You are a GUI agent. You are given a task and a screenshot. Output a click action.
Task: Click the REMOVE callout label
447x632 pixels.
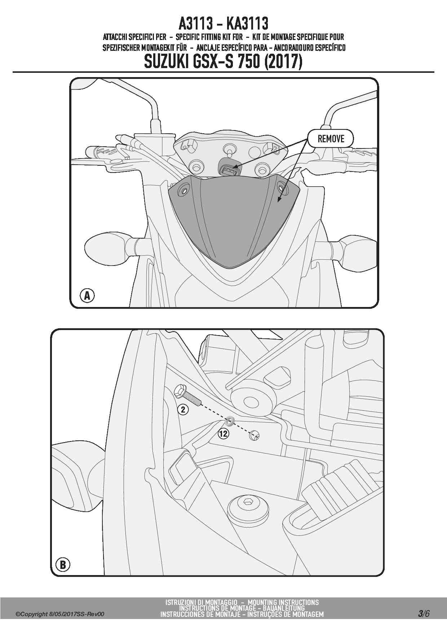click(331, 139)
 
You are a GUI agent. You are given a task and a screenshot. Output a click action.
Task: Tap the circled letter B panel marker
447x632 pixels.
click(63, 565)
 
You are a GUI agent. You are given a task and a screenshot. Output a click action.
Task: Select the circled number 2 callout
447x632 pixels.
click(183, 410)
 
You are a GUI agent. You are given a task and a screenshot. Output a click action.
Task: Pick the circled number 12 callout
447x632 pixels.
click(223, 433)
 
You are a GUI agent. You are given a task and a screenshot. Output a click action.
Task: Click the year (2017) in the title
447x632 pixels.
click(283, 62)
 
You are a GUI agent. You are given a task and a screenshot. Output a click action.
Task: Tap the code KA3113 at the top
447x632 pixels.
click(247, 24)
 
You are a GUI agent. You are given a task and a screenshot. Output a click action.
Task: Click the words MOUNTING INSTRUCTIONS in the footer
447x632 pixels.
click(283, 602)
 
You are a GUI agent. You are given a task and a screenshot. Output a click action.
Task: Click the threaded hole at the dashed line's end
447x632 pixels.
click(255, 436)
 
